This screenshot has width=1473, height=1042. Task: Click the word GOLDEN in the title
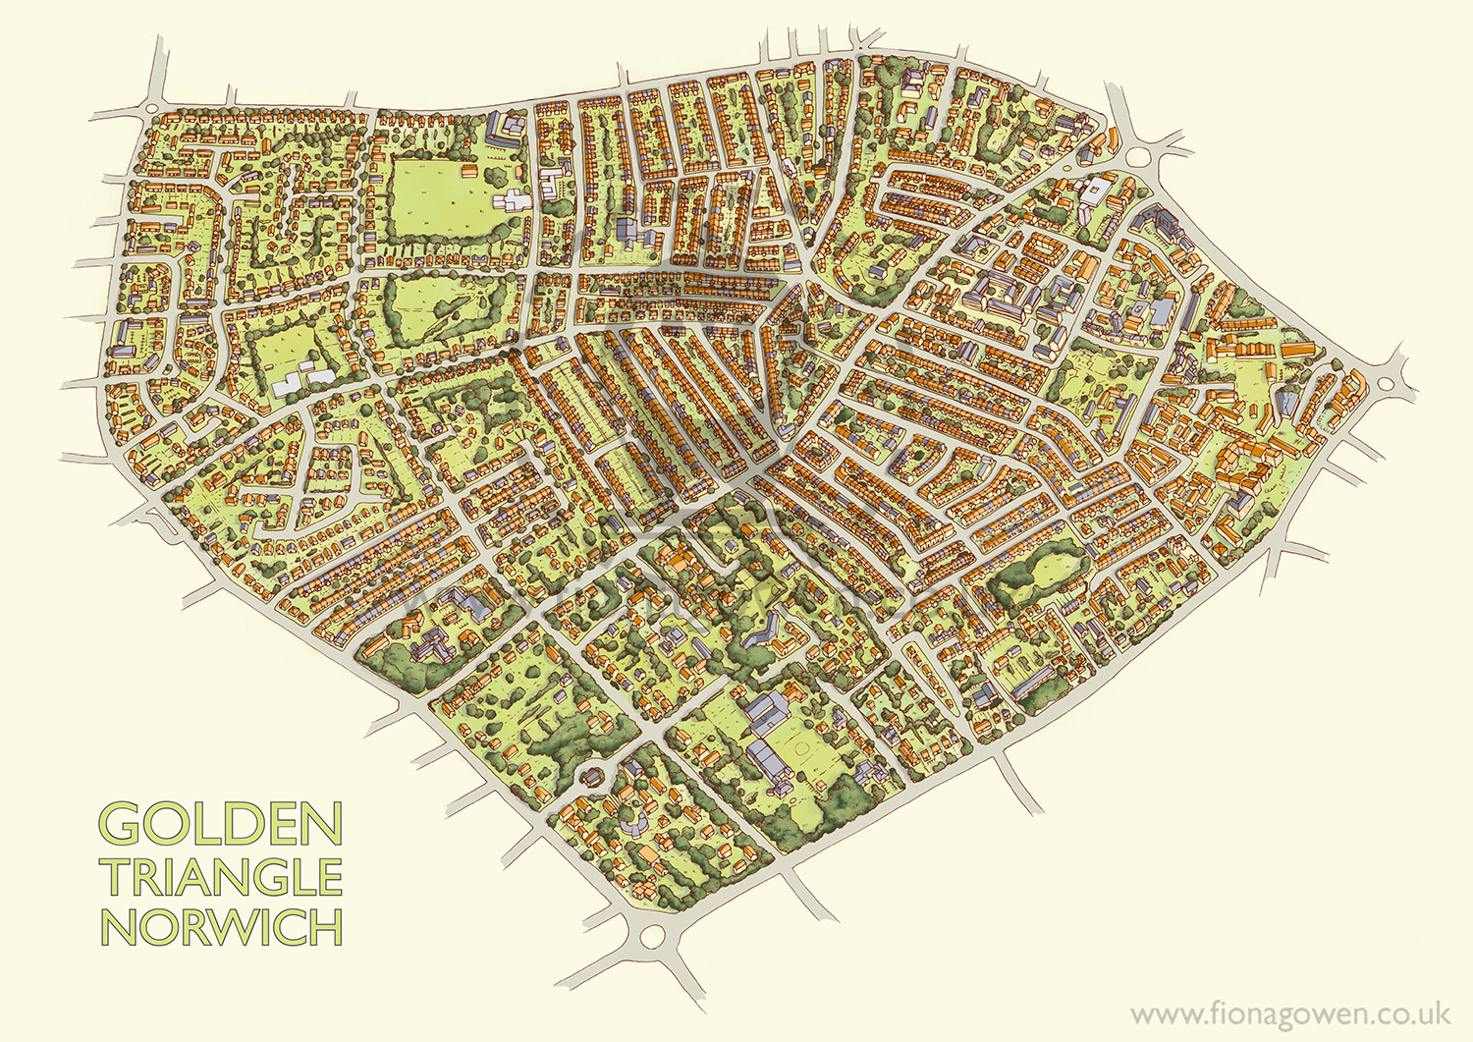tap(221, 824)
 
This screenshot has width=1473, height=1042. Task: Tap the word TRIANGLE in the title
tap(222, 877)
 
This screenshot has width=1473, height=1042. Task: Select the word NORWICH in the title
tap(222, 927)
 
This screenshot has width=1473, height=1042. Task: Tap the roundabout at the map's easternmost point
tap(1385, 381)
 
